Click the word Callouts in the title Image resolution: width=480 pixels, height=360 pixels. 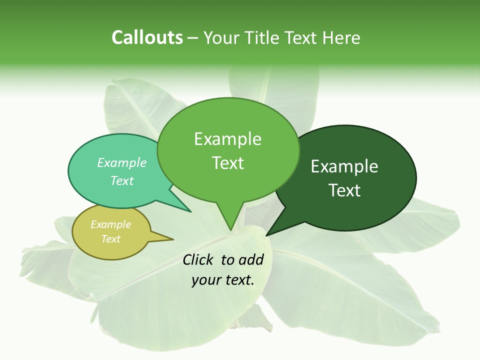[x=147, y=38]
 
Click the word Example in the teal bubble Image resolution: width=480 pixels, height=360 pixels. [x=122, y=162]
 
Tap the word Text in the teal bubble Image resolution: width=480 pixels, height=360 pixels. [x=122, y=180]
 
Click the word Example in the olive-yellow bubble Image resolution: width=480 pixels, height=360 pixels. [x=110, y=224]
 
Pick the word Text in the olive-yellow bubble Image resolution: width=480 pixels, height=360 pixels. [x=110, y=239]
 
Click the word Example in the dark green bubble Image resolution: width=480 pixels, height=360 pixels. [x=344, y=166]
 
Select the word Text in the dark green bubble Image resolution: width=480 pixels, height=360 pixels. [x=344, y=190]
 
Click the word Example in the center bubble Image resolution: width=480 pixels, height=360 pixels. [x=227, y=139]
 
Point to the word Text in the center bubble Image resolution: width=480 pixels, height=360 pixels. [x=227, y=163]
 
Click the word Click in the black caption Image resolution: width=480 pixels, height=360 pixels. [x=199, y=259]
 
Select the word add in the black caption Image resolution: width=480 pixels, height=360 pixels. [x=251, y=259]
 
